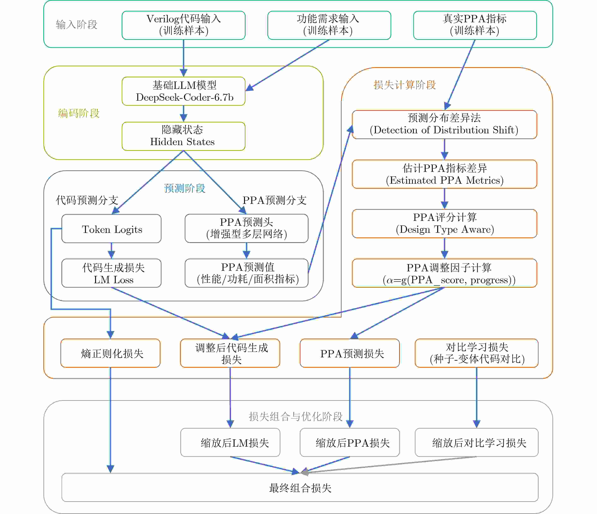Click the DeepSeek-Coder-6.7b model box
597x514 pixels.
(184, 91)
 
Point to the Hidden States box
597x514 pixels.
(184, 136)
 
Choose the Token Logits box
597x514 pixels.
(112, 229)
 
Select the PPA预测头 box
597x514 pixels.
(246, 228)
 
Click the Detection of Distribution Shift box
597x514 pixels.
(444, 125)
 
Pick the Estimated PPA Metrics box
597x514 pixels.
(444, 174)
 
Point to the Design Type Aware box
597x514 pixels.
(444, 224)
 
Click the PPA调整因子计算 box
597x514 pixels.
(444, 273)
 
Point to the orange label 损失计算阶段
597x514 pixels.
(404, 85)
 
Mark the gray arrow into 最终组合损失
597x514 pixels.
(389, 464)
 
